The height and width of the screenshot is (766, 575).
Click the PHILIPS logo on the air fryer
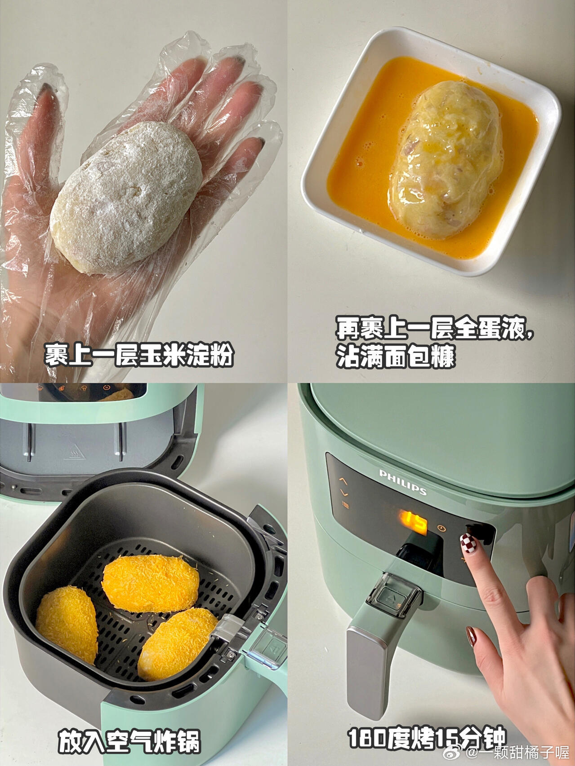tap(403, 482)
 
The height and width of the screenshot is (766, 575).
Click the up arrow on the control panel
tap(343, 480)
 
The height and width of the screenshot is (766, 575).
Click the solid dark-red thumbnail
tap(472, 636)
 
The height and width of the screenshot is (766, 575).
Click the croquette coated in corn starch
tap(126, 198)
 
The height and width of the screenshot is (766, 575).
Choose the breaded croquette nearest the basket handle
tap(178, 643)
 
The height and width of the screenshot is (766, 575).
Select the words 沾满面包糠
tap(396, 357)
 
